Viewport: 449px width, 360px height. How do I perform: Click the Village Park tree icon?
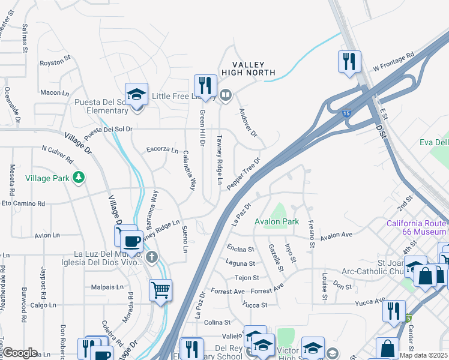pyautogui.click(x=78, y=177)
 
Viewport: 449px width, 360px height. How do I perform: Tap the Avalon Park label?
pyautogui.click(x=277, y=221)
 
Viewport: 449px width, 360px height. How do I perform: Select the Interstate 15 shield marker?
pyautogui.click(x=351, y=112)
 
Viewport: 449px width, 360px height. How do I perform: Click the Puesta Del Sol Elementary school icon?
pyautogui.click(x=137, y=95)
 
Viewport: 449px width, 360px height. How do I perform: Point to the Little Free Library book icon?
pyautogui.click(x=226, y=94)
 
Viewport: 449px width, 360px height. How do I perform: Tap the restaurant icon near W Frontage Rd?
pyautogui.click(x=349, y=61)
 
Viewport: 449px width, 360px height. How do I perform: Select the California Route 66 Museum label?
pyautogui.click(x=416, y=227)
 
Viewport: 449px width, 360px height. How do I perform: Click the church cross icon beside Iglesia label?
pyautogui.click(x=152, y=257)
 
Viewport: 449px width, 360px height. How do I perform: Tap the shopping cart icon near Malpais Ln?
pyautogui.click(x=161, y=290)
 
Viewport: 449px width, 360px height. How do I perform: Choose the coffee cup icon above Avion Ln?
pyautogui.click(x=131, y=241)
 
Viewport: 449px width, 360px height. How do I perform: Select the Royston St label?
pyautogui.click(x=55, y=62)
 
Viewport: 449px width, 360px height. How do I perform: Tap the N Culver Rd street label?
pyautogui.click(x=57, y=154)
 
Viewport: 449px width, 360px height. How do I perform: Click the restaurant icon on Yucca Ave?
pyautogui.click(x=394, y=310)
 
